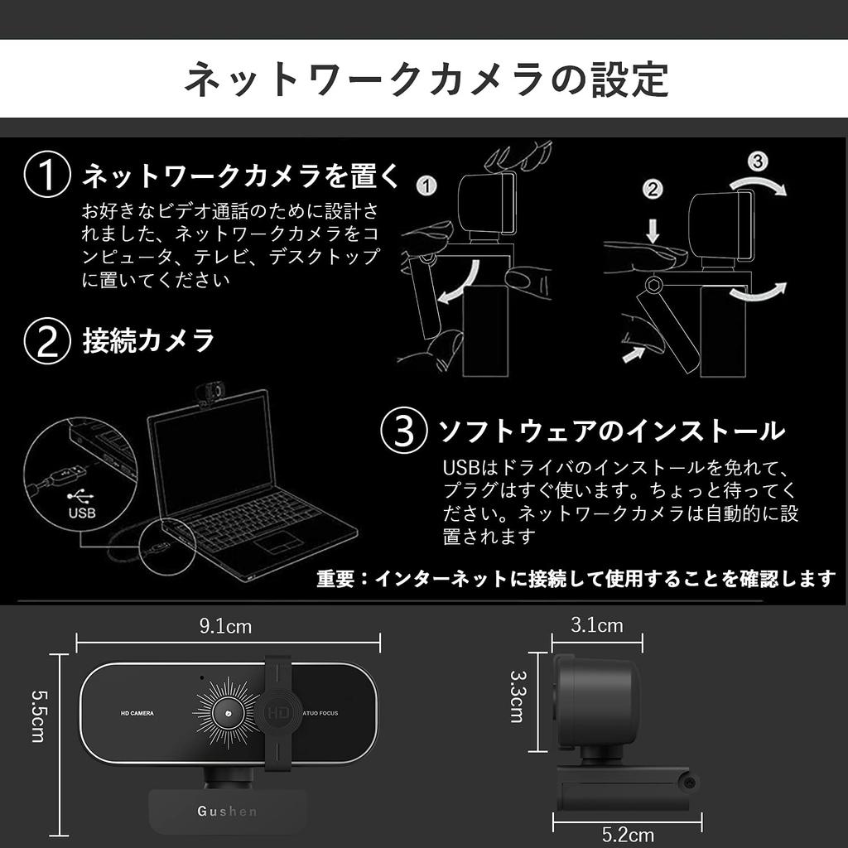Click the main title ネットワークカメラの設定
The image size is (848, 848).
click(426, 79)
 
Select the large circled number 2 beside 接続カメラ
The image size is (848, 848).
click(47, 340)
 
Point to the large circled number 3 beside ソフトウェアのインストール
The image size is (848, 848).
click(404, 431)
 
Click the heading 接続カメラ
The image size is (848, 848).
click(148, 340)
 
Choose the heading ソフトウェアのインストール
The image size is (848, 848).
click(611, 431)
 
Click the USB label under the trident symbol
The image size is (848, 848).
click(82, 512)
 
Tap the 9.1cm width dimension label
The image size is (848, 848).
click(225, 626)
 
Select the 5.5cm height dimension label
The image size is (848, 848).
click(38, 716)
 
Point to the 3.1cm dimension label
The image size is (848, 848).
click(597, 625)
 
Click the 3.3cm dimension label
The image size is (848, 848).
click(518, 696)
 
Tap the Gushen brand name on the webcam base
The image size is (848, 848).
click(227, 812)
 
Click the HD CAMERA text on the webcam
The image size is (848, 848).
click(137, 713)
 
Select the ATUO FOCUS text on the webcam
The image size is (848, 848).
click(320, 713)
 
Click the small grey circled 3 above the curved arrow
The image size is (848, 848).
click(757, 161)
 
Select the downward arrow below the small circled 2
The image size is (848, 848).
click(653, 232)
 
